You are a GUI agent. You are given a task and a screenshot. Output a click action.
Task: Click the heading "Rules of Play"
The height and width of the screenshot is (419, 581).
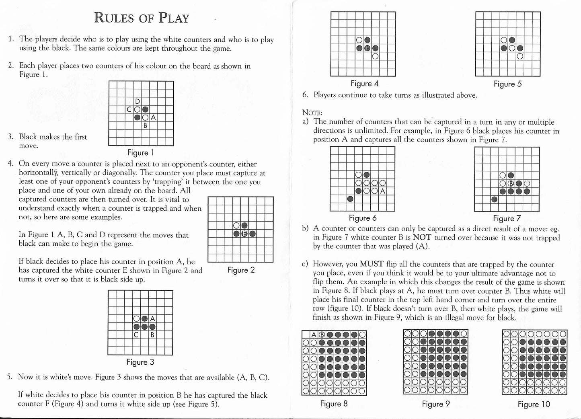141,18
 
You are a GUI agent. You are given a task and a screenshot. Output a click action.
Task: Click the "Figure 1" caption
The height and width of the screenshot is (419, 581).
141,153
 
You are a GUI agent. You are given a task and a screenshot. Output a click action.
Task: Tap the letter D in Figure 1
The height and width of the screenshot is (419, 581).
138,101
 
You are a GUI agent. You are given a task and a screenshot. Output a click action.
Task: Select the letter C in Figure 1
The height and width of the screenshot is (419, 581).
129,109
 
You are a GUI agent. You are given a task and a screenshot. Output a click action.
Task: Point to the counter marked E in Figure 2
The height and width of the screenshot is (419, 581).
244,234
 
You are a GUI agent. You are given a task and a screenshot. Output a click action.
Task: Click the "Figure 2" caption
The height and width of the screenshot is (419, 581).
241,270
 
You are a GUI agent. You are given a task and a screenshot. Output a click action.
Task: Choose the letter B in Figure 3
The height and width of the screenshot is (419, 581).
152,335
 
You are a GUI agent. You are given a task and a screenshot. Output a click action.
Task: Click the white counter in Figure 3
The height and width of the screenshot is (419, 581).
137,319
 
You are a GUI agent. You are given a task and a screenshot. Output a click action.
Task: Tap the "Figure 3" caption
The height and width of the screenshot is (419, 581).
140,362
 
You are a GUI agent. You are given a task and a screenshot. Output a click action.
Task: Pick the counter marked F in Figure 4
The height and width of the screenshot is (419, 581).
367,48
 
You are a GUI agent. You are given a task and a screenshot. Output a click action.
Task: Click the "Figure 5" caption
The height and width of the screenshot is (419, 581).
507,84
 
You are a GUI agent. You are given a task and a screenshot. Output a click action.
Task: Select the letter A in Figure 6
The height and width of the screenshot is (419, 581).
382,191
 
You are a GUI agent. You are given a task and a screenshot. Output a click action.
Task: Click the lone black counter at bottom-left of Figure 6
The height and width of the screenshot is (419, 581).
351,199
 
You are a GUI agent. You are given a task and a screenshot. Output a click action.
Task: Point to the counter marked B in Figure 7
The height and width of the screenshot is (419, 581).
511,184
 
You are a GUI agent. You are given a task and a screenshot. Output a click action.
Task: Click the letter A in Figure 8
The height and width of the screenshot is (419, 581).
314,335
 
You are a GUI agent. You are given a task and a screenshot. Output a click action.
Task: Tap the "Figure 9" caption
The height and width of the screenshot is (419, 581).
436,404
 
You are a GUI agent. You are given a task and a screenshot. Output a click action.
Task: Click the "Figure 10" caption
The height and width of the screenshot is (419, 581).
534,405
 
